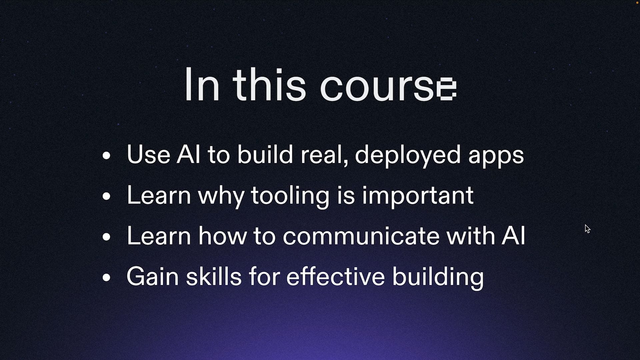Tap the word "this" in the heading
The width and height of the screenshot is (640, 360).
coord(269,84)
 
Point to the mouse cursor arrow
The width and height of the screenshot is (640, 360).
coord(587,229)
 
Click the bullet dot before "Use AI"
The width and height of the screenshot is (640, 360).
coord(106,155)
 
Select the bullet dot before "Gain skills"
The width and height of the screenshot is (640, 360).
coord(106,277)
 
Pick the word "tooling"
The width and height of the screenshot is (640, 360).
coord(290,196)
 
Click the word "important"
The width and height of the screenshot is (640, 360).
coord(418,196)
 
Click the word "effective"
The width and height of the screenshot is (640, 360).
coord(335,276)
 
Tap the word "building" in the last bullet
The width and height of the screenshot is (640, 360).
coord(438,278)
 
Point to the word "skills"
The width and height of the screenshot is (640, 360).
coord(214,276)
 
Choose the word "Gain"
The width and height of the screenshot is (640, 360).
coord(152,276)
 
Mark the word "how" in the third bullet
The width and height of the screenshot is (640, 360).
coord(222,236)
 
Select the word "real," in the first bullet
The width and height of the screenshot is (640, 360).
coord(324,156)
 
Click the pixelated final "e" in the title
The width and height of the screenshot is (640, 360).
coord(447,89)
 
